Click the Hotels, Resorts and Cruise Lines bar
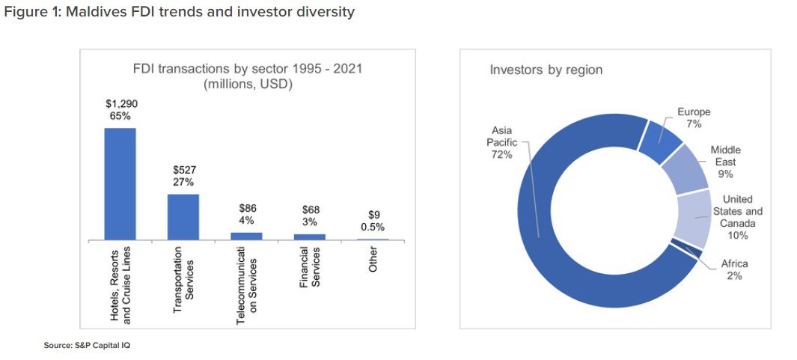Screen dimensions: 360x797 coord(120,184)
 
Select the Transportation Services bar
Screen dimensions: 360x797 coord(183,217)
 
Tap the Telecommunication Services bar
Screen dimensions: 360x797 coord(246,236)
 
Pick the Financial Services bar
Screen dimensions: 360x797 coord(309,237)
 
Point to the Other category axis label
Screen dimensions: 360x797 coord(373,258)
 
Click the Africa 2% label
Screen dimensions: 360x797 coord(733,270)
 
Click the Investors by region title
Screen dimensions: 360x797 coord(546,70)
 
